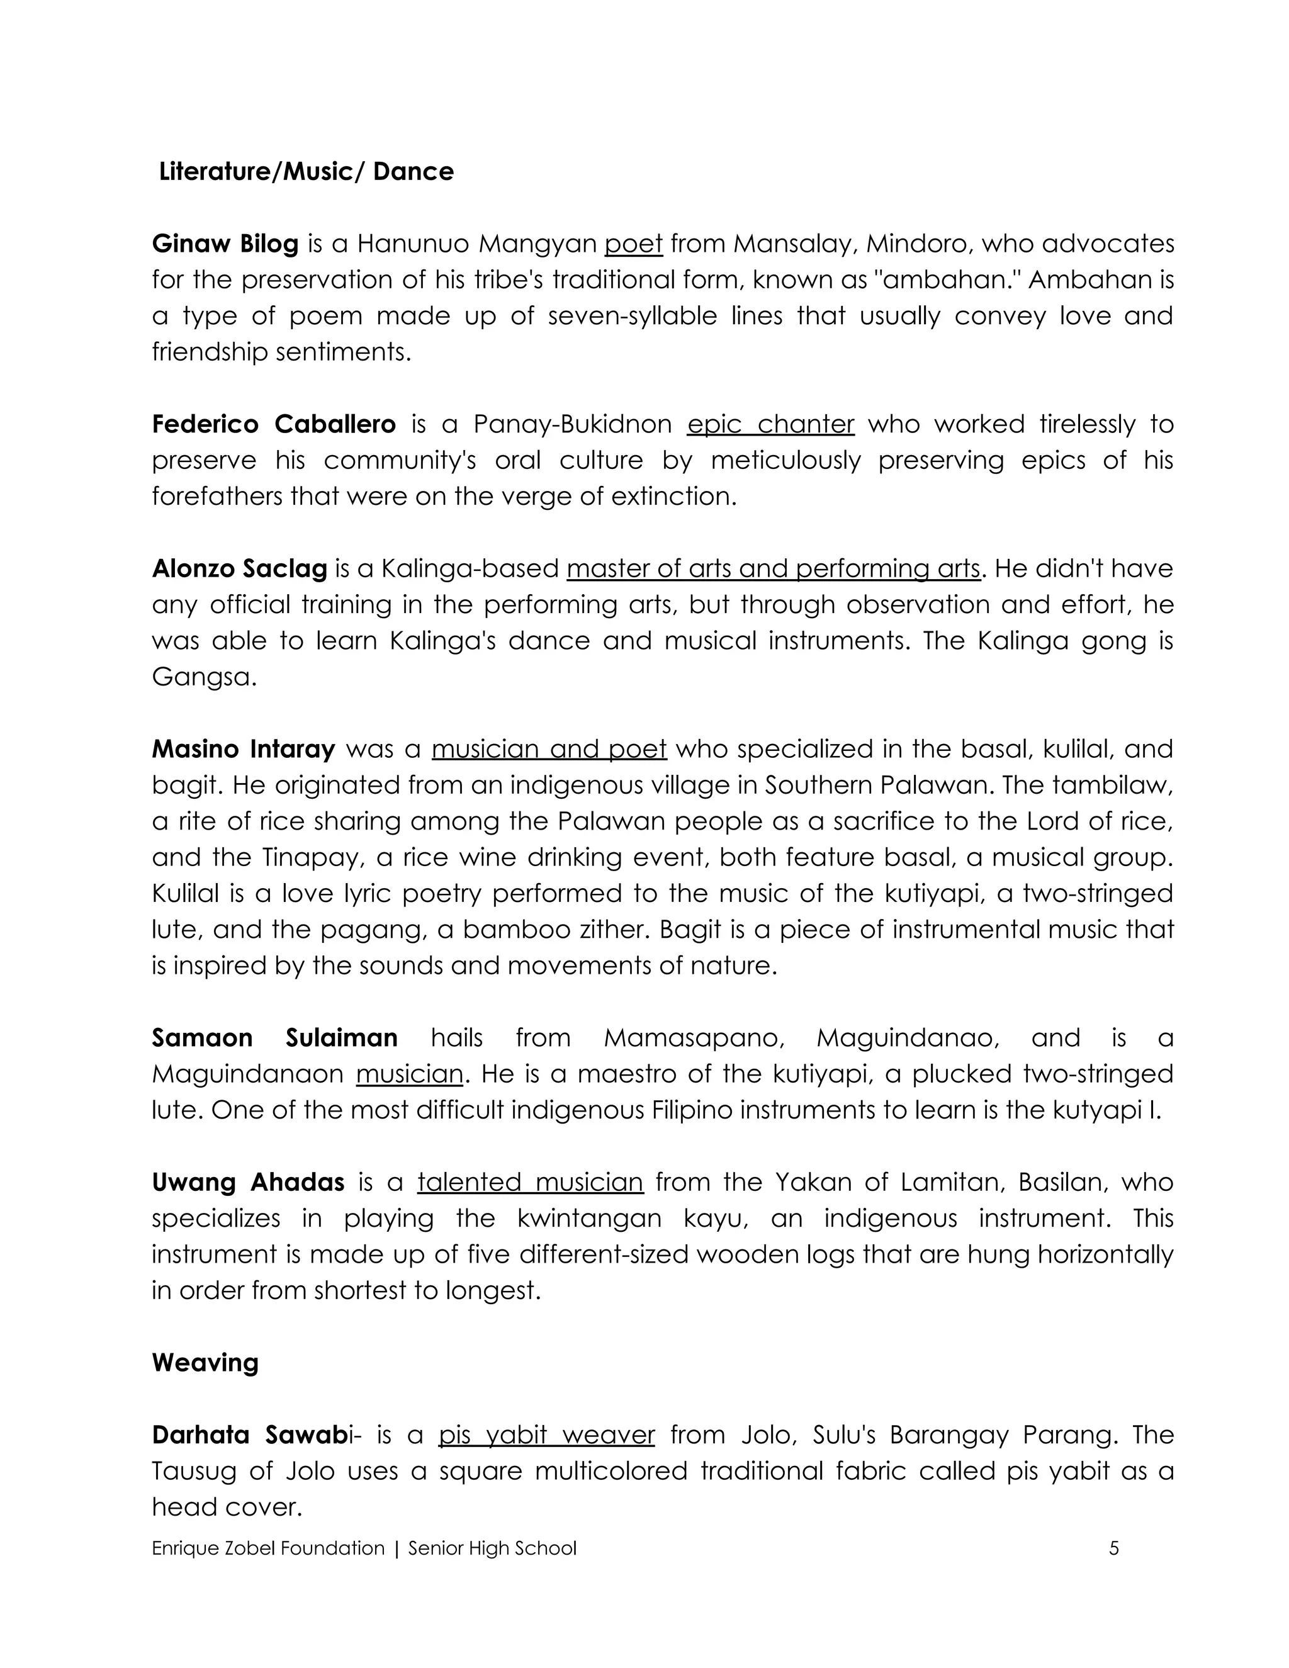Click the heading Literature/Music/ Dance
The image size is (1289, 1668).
307,171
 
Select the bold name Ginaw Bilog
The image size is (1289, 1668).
225,244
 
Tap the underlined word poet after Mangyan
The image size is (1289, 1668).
633,244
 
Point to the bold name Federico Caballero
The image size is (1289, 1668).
273,424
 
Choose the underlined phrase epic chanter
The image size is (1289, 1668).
770,424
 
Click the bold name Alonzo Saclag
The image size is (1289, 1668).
239,568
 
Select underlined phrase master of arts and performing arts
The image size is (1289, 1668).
773,568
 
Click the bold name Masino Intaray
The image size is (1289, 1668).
243,748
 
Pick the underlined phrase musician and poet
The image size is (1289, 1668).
549,748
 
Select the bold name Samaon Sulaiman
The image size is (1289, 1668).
274,1038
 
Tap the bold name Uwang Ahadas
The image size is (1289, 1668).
248,1182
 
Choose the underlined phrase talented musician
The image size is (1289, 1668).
530,1182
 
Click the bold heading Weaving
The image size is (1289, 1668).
205,1363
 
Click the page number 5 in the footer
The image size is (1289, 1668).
1113,1548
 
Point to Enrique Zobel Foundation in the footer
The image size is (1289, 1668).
268,1548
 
